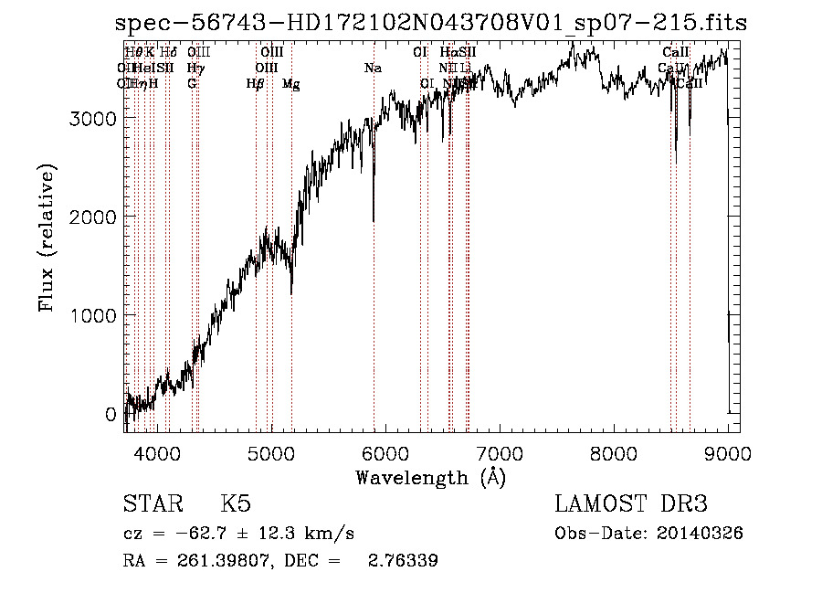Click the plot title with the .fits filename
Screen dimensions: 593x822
(x=431, y=24)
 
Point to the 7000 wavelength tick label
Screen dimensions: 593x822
(x=500, y=454)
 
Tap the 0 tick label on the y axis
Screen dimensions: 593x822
(x=111, y=415)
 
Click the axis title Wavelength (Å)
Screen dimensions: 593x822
(x=430, y=477)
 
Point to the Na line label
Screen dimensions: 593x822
(x=373, y=69)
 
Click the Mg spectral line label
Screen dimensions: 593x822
(x=291, y=84)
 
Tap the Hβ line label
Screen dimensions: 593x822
(x=256, y=84)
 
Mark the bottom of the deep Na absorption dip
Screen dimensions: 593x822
(x=374, y=220)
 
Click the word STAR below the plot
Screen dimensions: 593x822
(x=153, y=504)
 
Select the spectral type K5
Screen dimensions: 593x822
(x=236, y=504)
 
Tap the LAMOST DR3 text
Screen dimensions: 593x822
(x=630, y=504)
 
